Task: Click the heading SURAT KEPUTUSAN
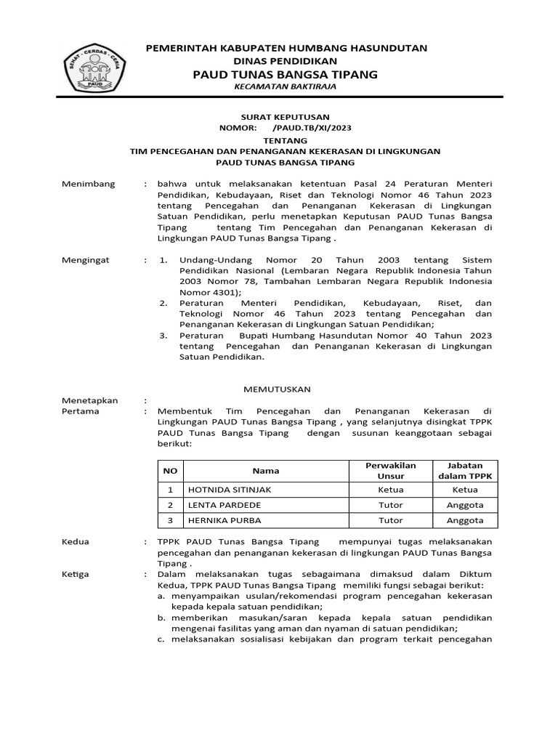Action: tap(285, 116)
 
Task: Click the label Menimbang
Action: tap(89, 185)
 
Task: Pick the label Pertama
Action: tap(81, 411)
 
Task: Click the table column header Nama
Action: tap(266, 471)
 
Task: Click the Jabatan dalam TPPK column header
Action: tap(465, 471)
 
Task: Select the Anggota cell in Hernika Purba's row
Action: tap(465, 520)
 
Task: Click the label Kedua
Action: tap(76, 542)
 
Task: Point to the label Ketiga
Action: tap(76, 574)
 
